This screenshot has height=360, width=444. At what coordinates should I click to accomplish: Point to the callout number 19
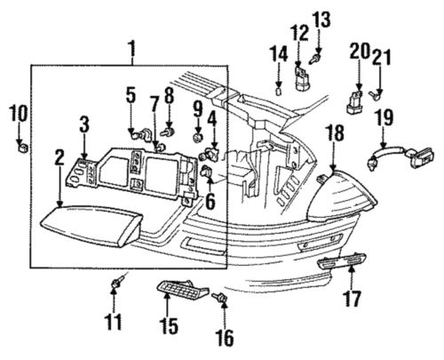384,116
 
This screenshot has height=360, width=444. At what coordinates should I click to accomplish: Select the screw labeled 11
115,283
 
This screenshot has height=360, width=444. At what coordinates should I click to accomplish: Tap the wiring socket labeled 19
399,161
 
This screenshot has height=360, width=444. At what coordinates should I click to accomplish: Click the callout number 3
83,124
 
